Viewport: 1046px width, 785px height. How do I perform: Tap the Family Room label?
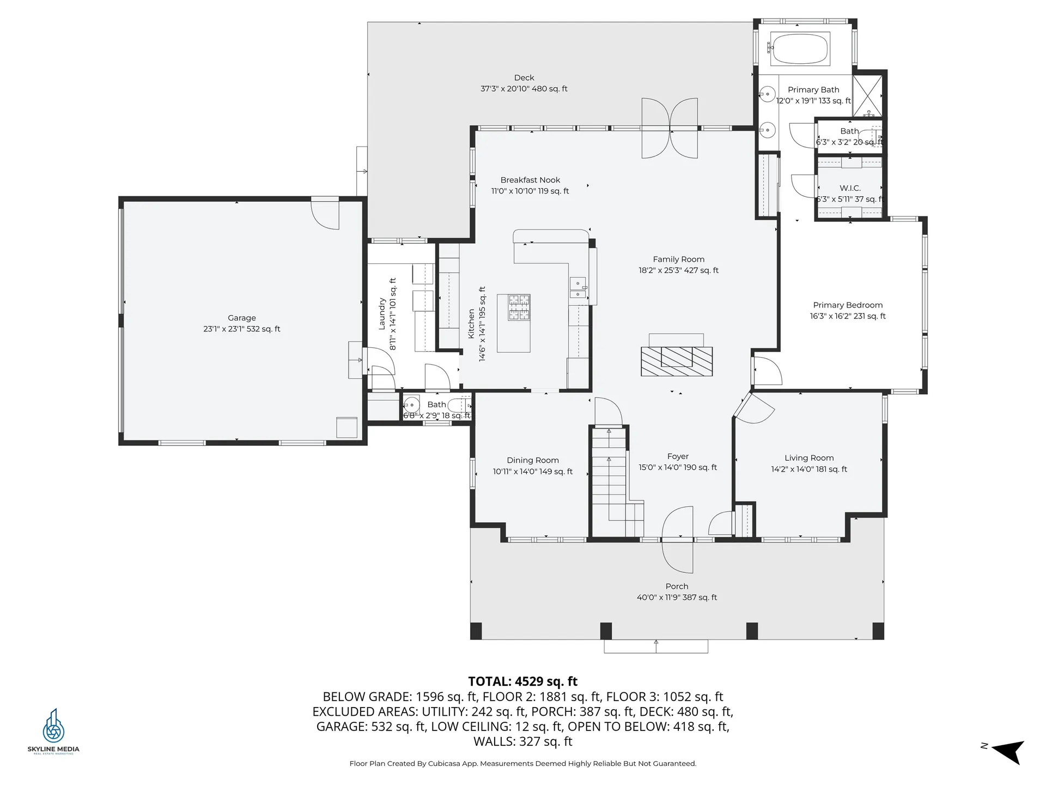(678, 259)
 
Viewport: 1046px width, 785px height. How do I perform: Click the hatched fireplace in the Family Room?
(677, 361)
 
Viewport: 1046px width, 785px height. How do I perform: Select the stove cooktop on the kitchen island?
(519, 307)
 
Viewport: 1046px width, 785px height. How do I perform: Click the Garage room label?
(241, 318)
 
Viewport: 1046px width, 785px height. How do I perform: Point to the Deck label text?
(524, 78)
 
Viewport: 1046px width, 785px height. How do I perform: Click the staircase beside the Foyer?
(609, 480)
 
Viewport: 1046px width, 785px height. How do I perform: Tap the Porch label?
(677, 587)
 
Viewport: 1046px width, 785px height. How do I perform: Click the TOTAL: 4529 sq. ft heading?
(522, 681)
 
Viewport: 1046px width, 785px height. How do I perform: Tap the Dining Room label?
(532, 461)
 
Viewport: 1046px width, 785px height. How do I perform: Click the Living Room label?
(809, 458)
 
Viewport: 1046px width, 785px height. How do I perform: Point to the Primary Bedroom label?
(848, 305)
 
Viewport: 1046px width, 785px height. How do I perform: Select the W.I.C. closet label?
(850, 188)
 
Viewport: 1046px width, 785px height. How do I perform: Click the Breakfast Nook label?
(530, 180)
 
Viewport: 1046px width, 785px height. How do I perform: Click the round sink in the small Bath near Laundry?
(411, 406)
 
